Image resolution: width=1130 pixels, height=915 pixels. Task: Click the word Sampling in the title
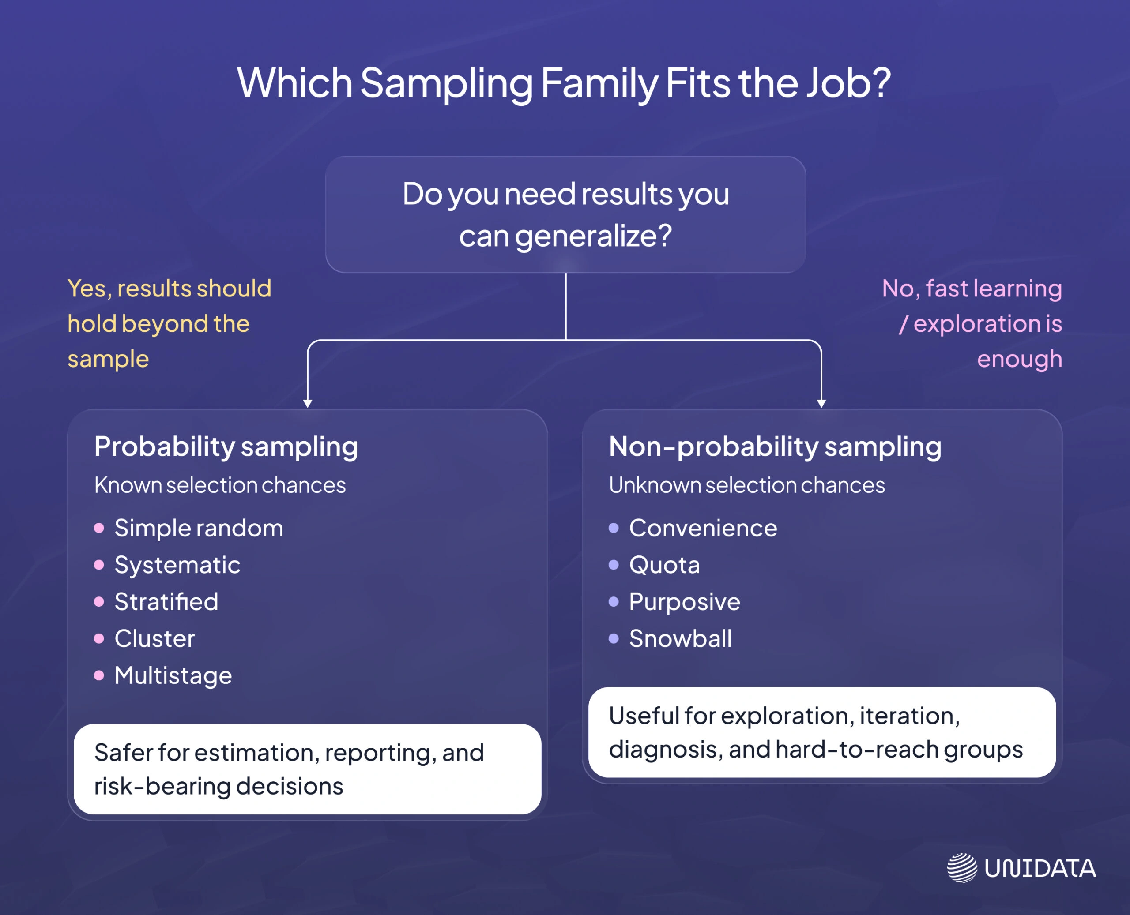click(x=446, y=83)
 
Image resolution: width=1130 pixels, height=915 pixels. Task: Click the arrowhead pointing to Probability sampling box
click(x=307, y=403)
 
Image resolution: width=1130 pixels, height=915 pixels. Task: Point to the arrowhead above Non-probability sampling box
click(x=821, y=403)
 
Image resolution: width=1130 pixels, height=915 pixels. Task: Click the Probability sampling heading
click(x=226, y=446)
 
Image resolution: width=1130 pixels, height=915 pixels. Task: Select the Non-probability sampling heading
click(x=775, y=446)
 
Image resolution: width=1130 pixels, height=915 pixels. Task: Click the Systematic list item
click(x=177, y=565)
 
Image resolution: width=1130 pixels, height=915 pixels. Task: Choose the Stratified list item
click(x=166, y=602)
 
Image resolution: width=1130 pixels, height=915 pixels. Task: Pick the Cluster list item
click(x=154, y=639)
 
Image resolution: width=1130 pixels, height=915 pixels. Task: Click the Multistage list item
click(x=173, y=676)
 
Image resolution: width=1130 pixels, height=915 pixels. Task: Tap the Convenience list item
click(x=703, y=528)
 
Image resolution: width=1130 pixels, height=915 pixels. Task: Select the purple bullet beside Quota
click(x=613, y=565)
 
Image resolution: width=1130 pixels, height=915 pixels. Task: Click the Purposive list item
click(x=685, y=602)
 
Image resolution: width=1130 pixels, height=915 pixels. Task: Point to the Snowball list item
click(x=680, y=639)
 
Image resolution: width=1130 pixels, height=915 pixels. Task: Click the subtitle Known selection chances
click(x=220, y=485)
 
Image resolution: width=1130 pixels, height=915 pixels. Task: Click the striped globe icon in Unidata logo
click(x=962, y=867)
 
